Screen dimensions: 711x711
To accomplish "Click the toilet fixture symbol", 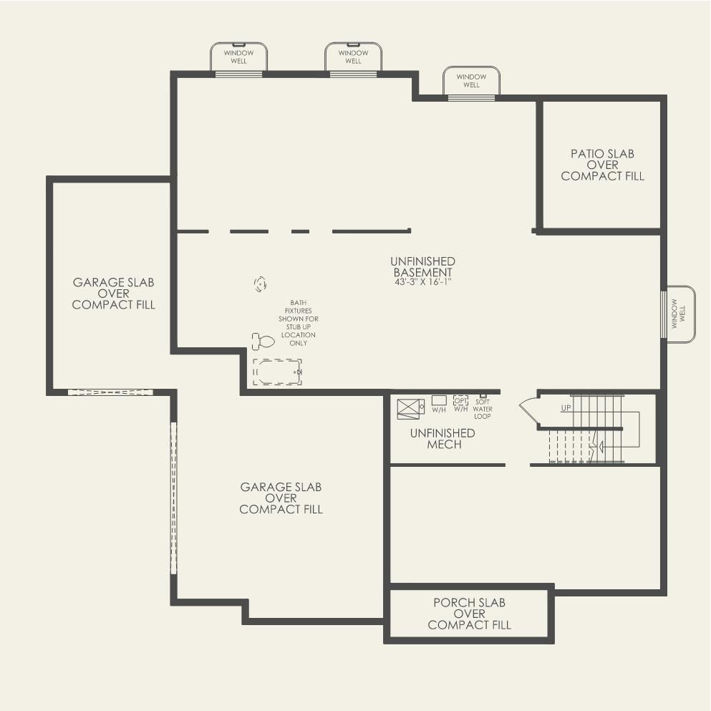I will click(x=263, y=341).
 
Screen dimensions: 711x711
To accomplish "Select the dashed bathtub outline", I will click(x=277, y=372).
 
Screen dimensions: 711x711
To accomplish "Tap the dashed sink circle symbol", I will click(x=260, y=284).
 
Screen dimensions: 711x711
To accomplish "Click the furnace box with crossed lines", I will click(x=410, y=409).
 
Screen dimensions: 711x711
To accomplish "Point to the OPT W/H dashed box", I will click(x=460, y=400).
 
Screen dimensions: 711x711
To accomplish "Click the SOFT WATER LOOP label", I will click(x=483, y=410).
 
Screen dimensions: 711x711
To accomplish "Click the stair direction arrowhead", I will click(x=600, y=448).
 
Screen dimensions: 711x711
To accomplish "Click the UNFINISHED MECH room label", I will click(x=442, y=439).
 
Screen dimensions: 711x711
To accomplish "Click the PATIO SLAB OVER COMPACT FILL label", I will click(x=602, y=165).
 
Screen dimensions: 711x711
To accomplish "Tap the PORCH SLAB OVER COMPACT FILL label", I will click(x=469, y=614).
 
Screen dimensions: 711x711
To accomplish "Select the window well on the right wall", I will click(x=680, y=314).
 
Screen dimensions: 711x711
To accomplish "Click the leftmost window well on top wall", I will click(x=238, y=57).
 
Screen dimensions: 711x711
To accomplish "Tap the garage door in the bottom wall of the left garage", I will click(x=110, y=392).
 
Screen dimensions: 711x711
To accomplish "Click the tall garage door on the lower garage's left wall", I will click(x=173, y=498).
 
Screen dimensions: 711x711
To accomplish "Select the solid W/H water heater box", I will click(x=439, y=400).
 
